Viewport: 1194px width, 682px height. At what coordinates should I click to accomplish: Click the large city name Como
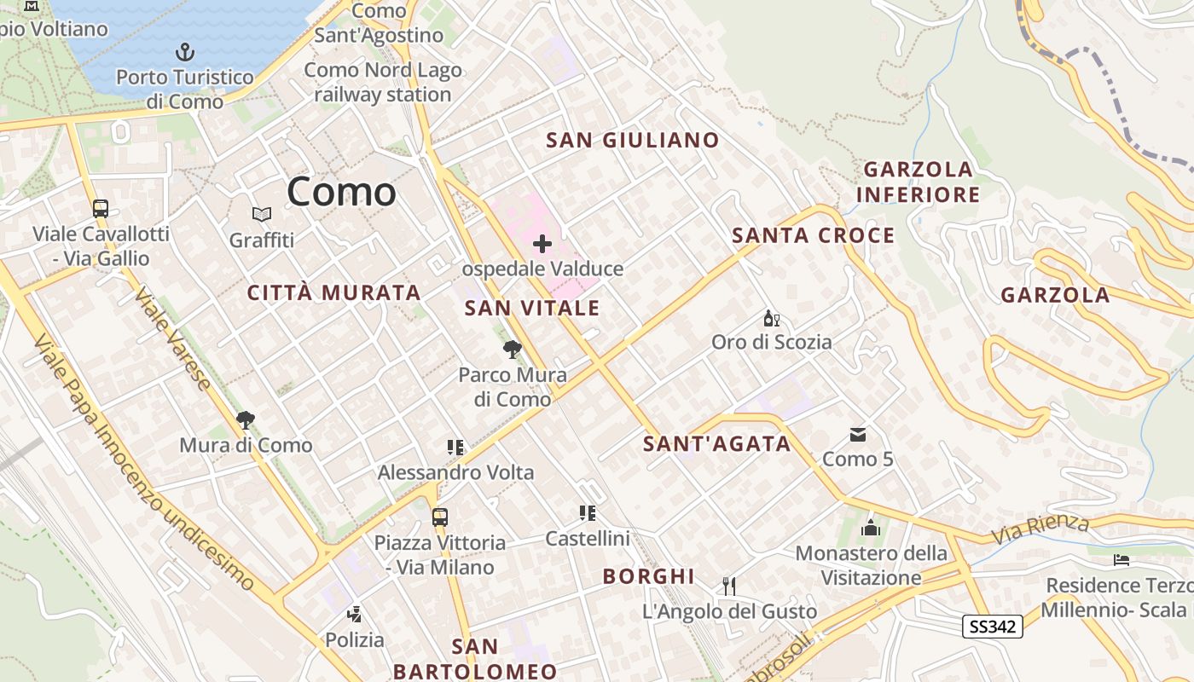(341, 192)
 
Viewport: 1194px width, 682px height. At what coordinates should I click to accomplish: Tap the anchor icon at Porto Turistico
(185, 52)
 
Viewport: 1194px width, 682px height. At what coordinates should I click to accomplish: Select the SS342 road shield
(993, 627)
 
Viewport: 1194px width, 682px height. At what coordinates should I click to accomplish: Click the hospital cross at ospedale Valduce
(542, 245)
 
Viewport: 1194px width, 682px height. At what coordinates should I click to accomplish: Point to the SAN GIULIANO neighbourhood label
(632, 141)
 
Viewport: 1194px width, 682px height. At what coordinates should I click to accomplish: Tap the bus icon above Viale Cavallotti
(101, 208)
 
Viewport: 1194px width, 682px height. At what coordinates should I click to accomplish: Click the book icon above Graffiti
(261, 215)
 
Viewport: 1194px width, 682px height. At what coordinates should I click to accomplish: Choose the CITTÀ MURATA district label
(334, 293)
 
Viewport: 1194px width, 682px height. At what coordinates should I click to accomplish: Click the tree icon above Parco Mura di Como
(513, 349)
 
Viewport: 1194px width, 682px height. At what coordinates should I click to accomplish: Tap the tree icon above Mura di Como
(246, 419)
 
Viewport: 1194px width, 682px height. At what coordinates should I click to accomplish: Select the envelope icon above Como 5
(858, 435)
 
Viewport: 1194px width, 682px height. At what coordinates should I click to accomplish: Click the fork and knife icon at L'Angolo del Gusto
(729, 586)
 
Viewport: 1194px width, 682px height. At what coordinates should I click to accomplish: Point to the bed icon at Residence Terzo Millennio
(1122, 560)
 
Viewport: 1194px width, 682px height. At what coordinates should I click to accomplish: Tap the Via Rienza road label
(1040, 529)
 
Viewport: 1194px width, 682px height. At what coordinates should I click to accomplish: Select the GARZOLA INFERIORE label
(918, 182)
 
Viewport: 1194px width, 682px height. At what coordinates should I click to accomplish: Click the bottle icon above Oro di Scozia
(771, 319)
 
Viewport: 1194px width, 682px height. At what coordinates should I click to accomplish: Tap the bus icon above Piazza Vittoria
(440, 517)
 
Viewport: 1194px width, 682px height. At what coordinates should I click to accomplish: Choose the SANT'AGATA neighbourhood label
(716, 444)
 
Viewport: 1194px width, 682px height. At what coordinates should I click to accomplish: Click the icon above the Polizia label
(354, 614)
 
